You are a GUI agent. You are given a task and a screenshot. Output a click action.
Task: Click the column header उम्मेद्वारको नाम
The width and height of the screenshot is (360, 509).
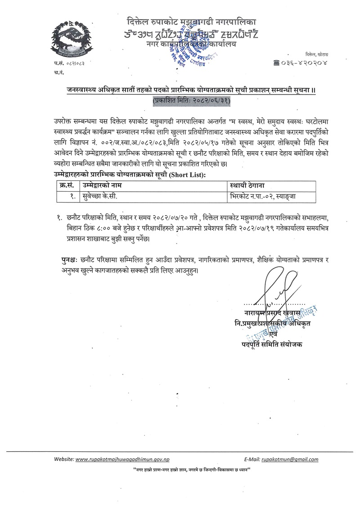(102, 185)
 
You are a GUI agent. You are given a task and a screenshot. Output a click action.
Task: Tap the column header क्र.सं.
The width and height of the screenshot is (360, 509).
(67, 185)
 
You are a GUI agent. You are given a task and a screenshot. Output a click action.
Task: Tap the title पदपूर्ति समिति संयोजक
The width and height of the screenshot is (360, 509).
(272, 345)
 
